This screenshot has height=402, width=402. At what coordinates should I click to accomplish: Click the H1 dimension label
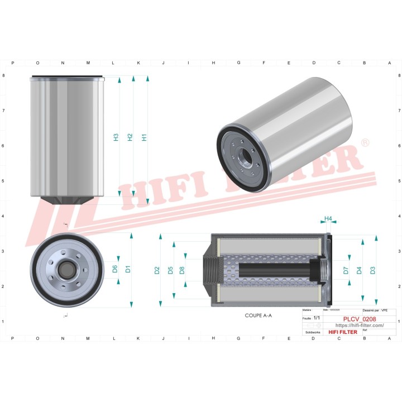pos(144,137)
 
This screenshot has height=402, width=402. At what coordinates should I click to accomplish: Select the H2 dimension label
pos(130,137)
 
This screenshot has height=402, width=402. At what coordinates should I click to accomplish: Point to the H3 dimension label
pos(116,137)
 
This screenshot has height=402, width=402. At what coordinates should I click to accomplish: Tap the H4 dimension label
pos(328,218)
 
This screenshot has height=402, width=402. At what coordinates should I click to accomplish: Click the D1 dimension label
pos(128,269)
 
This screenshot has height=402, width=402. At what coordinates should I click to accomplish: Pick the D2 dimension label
pos(157,271)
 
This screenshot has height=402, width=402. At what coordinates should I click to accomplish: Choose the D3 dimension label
pos(372,270)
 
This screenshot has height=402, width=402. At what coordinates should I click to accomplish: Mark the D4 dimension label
pos(359,270)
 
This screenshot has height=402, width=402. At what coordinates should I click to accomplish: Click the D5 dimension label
pos(170,271)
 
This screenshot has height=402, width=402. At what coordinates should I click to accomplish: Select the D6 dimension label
pos(115,269)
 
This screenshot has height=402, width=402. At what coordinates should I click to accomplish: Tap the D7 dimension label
pos(346,270)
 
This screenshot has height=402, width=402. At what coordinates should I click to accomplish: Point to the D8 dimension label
pos(182,271)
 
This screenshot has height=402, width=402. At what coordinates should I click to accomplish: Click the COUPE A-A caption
pos(258,315)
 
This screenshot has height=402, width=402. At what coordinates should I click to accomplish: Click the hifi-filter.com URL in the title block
pos(359,326)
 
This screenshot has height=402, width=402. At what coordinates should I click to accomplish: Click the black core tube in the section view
pos(274,270)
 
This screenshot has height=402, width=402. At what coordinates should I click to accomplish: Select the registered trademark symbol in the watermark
pos(366,143)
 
